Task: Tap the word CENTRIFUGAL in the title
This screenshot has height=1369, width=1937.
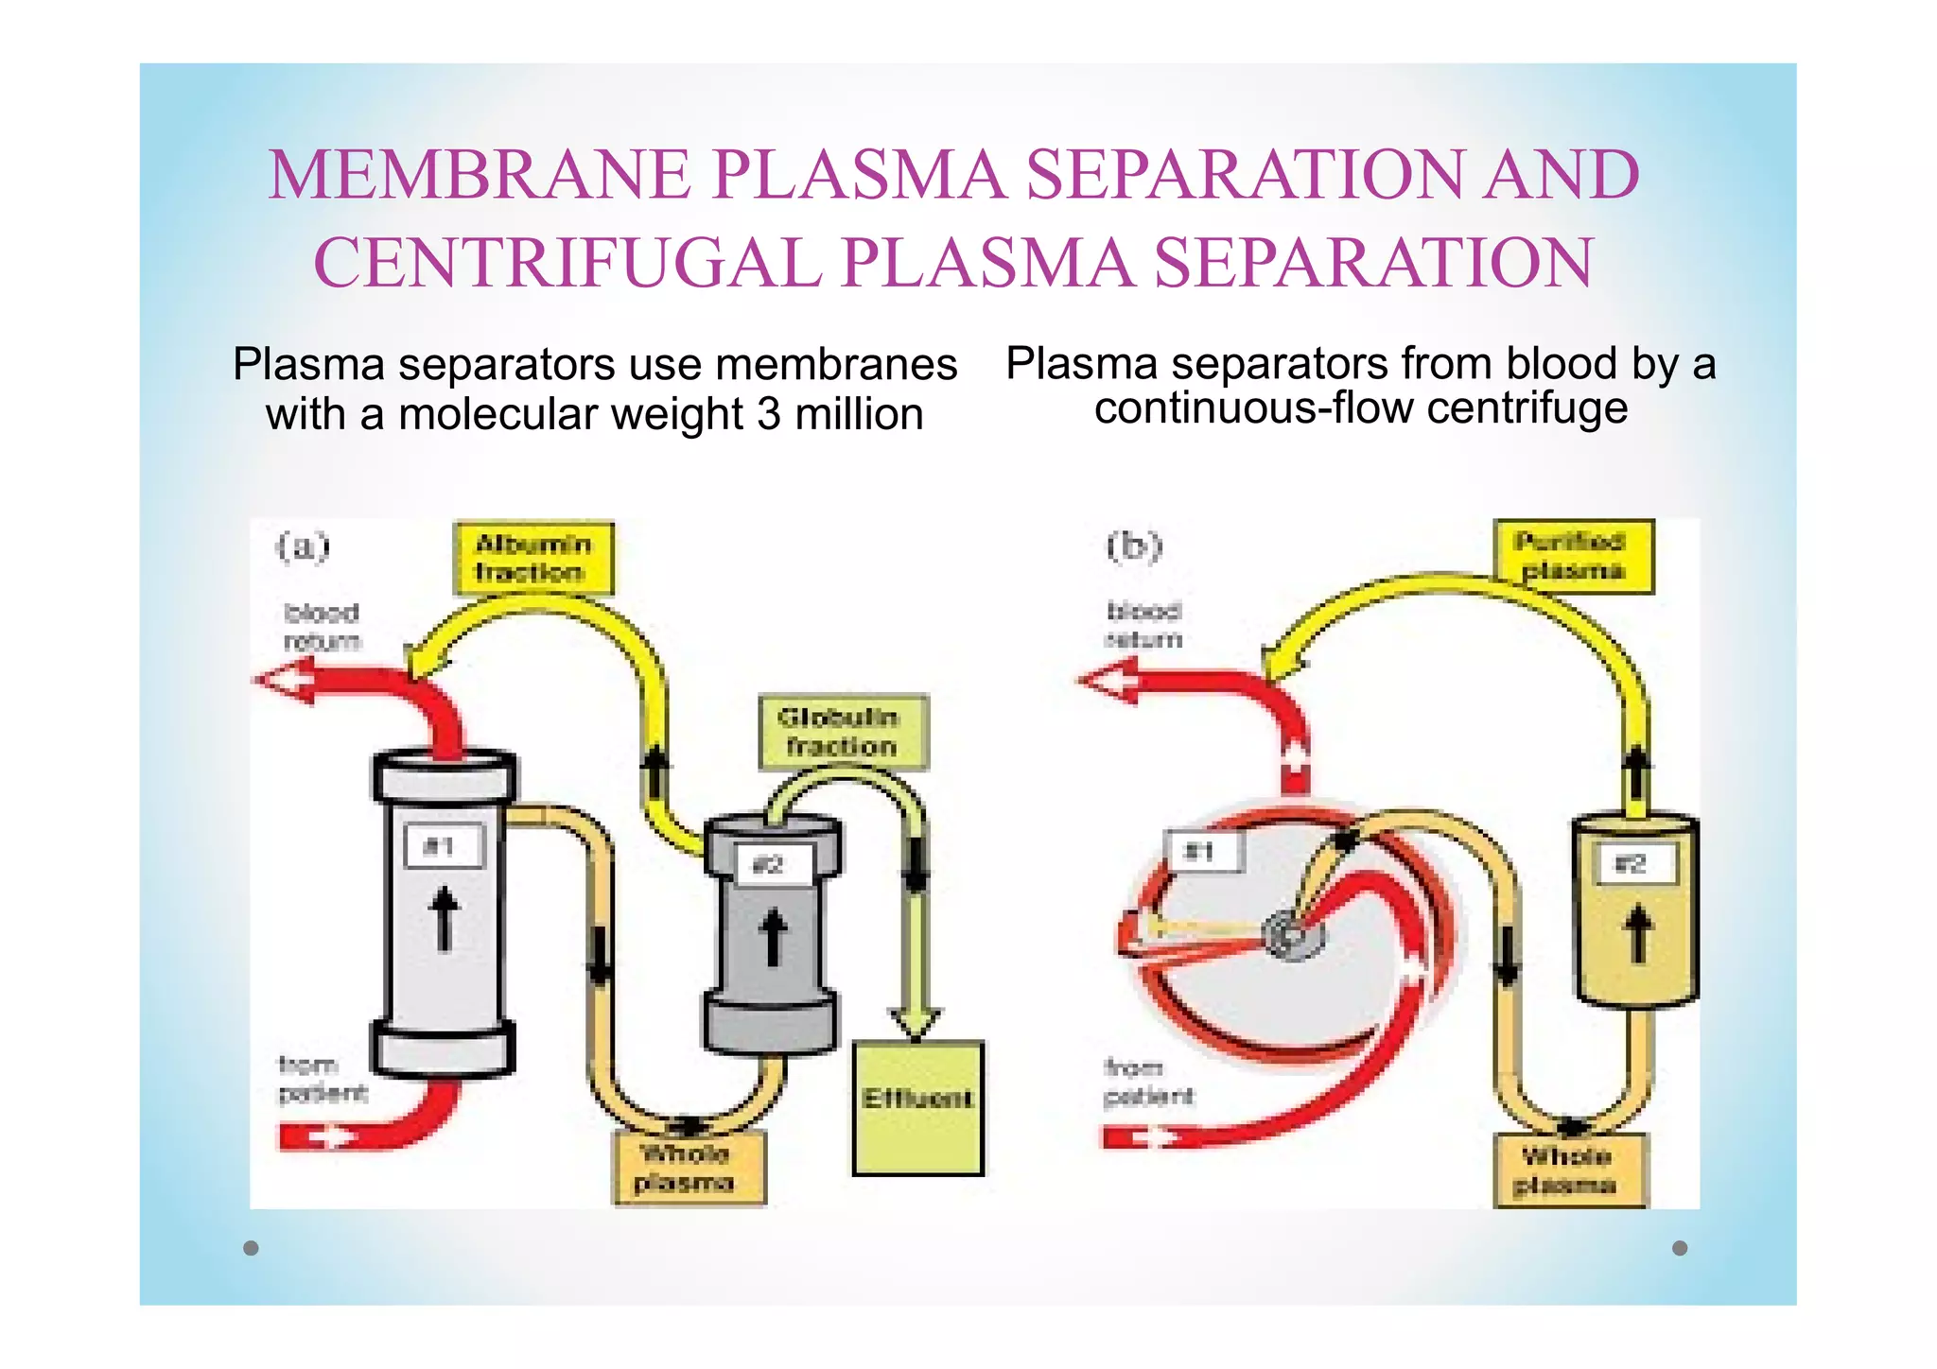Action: tap(567, 263)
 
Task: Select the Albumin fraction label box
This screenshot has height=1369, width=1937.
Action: tap(533, 558)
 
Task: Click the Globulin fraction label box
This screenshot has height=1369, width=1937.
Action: tap(842, 732)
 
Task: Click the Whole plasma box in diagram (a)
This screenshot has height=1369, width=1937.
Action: tap(688, 1169)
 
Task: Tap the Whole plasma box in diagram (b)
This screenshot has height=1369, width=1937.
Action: tap(1569, 1170)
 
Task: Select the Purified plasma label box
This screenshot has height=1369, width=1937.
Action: tap(1573, 556)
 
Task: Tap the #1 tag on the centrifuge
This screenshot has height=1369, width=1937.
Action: tap(1202, 851)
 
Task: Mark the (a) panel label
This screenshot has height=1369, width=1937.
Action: tap(303, 546)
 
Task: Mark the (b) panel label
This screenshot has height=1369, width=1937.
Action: tap(1134, 546)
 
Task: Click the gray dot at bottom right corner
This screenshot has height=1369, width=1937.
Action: tap(1680, 1248)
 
